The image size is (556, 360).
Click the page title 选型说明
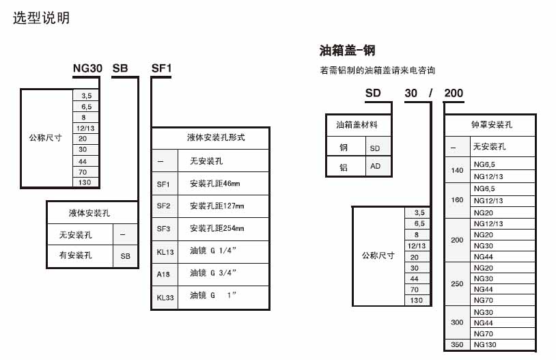pyautogui.click(x=41, y=18)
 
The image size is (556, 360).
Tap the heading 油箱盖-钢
pyautogui.click(x=347, y=51)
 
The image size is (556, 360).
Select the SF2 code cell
pyautogui.click(x=163, y=206)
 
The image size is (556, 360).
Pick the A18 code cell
pyautogui.click(x=163, y=274)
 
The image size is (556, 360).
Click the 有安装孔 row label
pyautogui.click(x=76, y=255)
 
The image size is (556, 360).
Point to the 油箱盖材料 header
pyautogui.click(x=357, y=124)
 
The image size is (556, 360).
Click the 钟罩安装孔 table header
pyautogui.click(x=492, y=124)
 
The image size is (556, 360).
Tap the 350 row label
pyautogui.click(x=457, y=344)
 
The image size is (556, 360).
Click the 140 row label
pyautogui.click(x=457, y=170)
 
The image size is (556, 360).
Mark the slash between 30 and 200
pyautogui.click(x=430, y=93)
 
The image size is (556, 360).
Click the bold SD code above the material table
pyautogui.click(x=373, y=93)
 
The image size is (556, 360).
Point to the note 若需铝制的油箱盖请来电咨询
pyautogui.click(x=377, y=70)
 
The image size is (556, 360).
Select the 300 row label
pyautogui.click(x=457, y=322)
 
